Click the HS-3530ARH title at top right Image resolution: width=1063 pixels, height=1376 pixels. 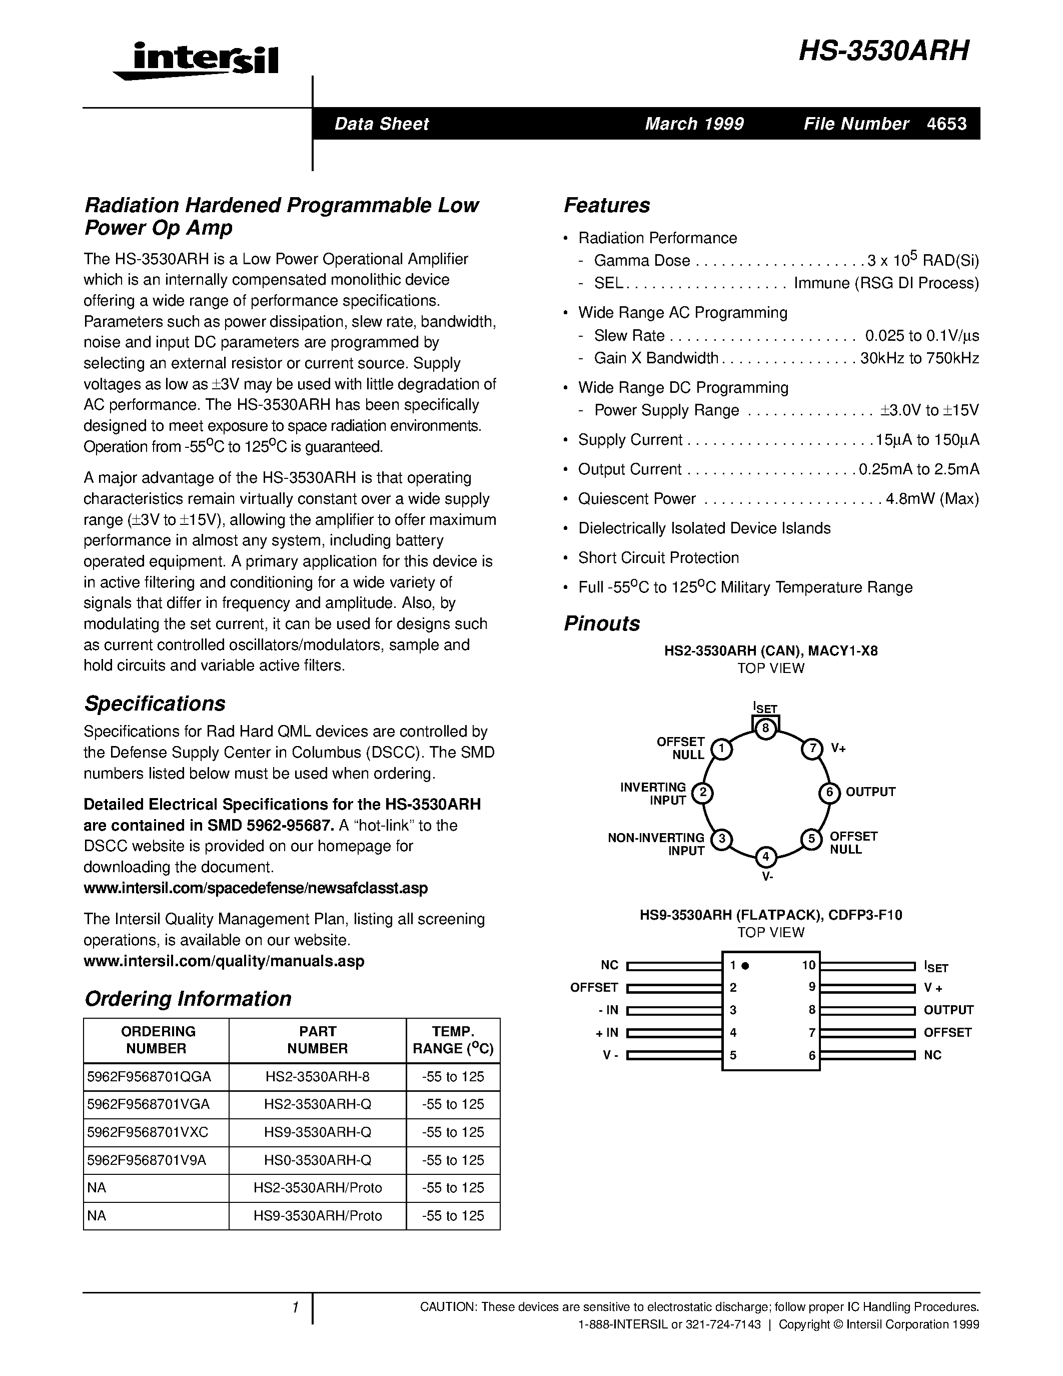point(883,51)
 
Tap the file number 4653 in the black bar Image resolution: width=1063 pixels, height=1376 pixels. point(946,124)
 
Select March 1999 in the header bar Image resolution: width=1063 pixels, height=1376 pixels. point(694,124)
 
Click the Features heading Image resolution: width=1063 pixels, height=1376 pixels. point(606,205)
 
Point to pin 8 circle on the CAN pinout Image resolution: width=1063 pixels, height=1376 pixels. point(766,729)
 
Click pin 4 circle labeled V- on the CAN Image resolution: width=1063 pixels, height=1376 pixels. point(766,857)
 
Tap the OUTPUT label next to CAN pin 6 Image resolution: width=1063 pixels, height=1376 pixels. point(870,792)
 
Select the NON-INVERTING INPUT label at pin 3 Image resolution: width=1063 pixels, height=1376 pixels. point(656,844)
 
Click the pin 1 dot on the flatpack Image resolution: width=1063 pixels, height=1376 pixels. point(745,965)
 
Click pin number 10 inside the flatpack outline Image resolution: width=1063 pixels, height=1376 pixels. point(808,965)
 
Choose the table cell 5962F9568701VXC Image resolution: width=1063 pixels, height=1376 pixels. point(148,1132)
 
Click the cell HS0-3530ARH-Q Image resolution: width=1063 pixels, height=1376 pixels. point(317,1160)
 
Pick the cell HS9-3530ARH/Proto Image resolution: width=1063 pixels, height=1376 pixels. point(317,1215)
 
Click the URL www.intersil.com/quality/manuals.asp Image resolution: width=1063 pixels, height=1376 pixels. point(224,961)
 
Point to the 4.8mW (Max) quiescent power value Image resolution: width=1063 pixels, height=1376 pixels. point(932,499)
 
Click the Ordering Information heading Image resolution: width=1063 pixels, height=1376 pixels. point(188,999)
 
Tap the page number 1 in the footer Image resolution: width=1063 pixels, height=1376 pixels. point(295,1308)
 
